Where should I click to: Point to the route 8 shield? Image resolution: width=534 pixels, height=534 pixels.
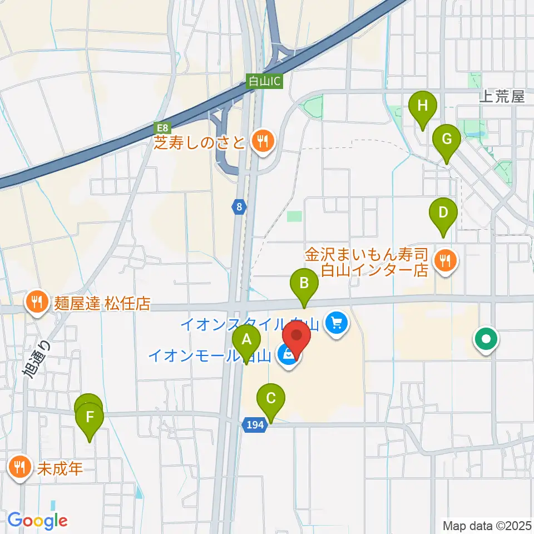[239, 207]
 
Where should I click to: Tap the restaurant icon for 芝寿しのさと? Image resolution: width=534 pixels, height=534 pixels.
[261, 141]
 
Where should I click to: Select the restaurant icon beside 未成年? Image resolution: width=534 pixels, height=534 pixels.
[20, 467]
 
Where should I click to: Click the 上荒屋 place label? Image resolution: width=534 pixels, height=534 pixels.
[502, 97]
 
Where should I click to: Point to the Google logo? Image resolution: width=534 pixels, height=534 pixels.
[38, 521]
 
